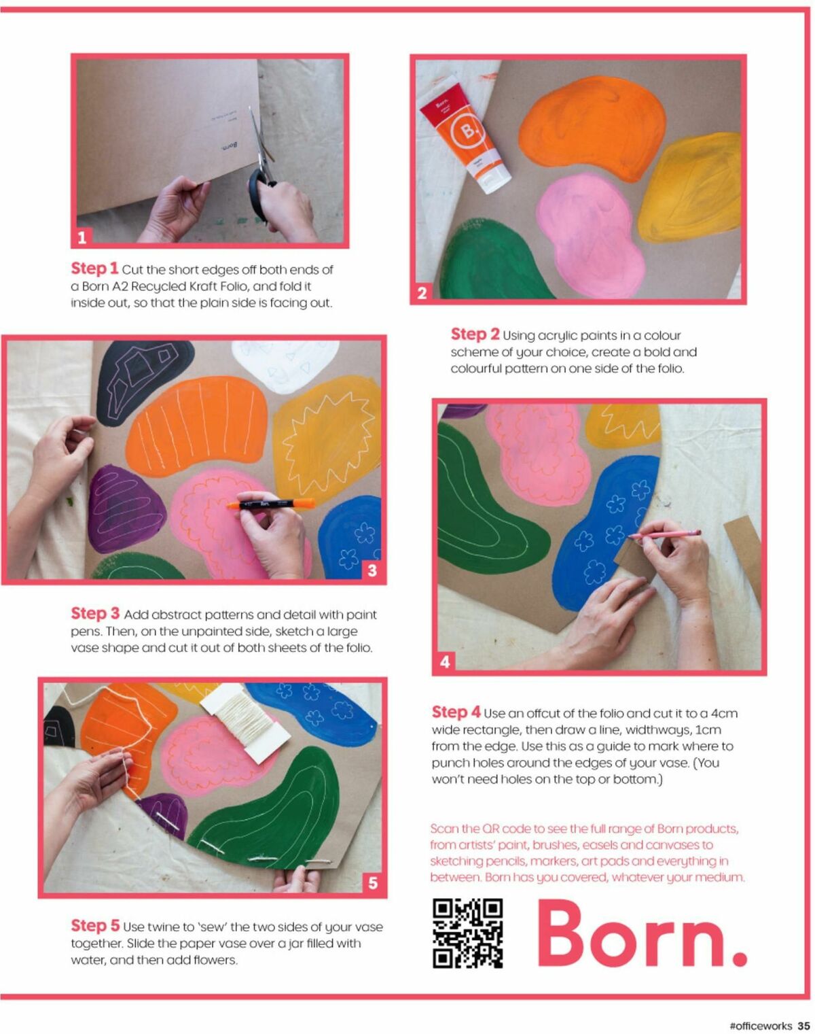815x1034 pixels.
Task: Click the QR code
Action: pyautogui.click(x=467, y=933)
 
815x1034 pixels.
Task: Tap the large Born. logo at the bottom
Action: pyautogui.click(x=642, y=933)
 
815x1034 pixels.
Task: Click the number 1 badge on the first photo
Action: pyautogui.click(x=82, y=237)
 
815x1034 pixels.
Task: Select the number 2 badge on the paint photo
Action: pyautogui.click(x=422, y=292)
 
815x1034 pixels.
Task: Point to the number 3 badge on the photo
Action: pyautogui.click(x=372, y=570)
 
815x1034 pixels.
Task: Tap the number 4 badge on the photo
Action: pyautogui.click(x=445, y=661)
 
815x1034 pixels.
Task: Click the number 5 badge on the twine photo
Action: pyautogui.click(x=373, y=882)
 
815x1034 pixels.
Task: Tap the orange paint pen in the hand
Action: pyautogui.click(x=271, y=504)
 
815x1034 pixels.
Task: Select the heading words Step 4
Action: pyautogui.click(x=456, y=712)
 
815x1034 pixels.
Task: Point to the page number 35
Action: pyautogui.click(x=803, y=1024)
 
